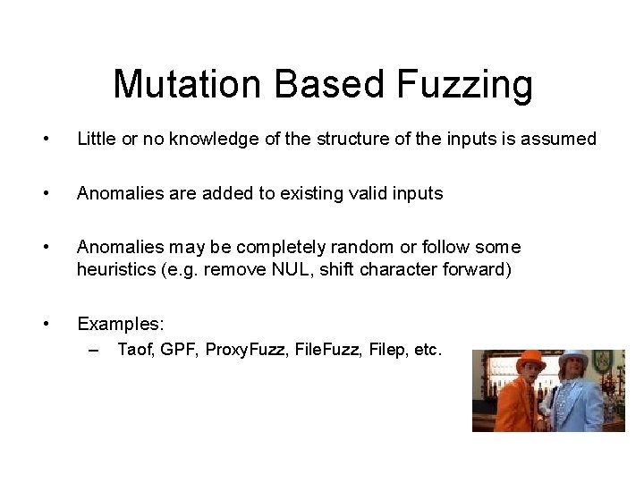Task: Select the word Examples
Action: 115,323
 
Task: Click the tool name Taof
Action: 136,350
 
